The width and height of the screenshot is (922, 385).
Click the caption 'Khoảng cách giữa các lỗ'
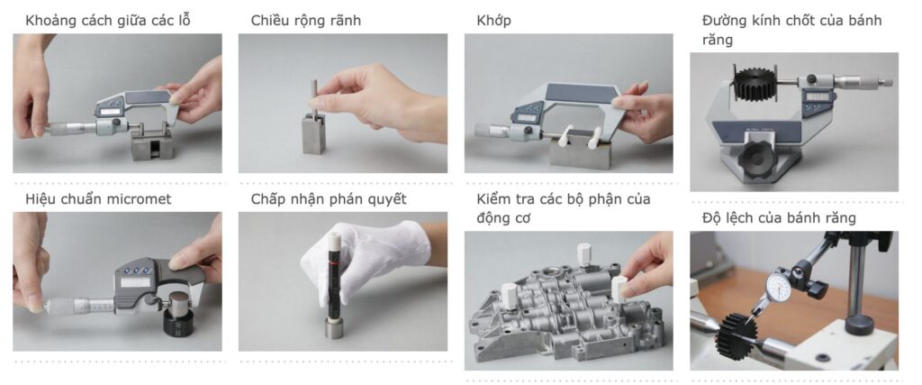click(108, 22)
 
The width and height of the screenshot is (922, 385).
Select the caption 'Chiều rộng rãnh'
click(306, 22)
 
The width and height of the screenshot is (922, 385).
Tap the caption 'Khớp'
click(494, 22)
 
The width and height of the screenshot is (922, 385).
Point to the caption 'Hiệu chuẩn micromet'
click(98, 199)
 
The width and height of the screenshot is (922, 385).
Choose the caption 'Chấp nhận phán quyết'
click(329, 199)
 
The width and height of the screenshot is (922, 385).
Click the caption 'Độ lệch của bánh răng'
click(779, 218)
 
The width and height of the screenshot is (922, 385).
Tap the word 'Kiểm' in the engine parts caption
click(494, 199)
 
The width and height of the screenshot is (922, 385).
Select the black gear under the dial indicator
click(735, 336)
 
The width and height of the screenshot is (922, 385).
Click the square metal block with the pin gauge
click(314, 133)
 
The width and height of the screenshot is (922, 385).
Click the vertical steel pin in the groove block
click(314, 94)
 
